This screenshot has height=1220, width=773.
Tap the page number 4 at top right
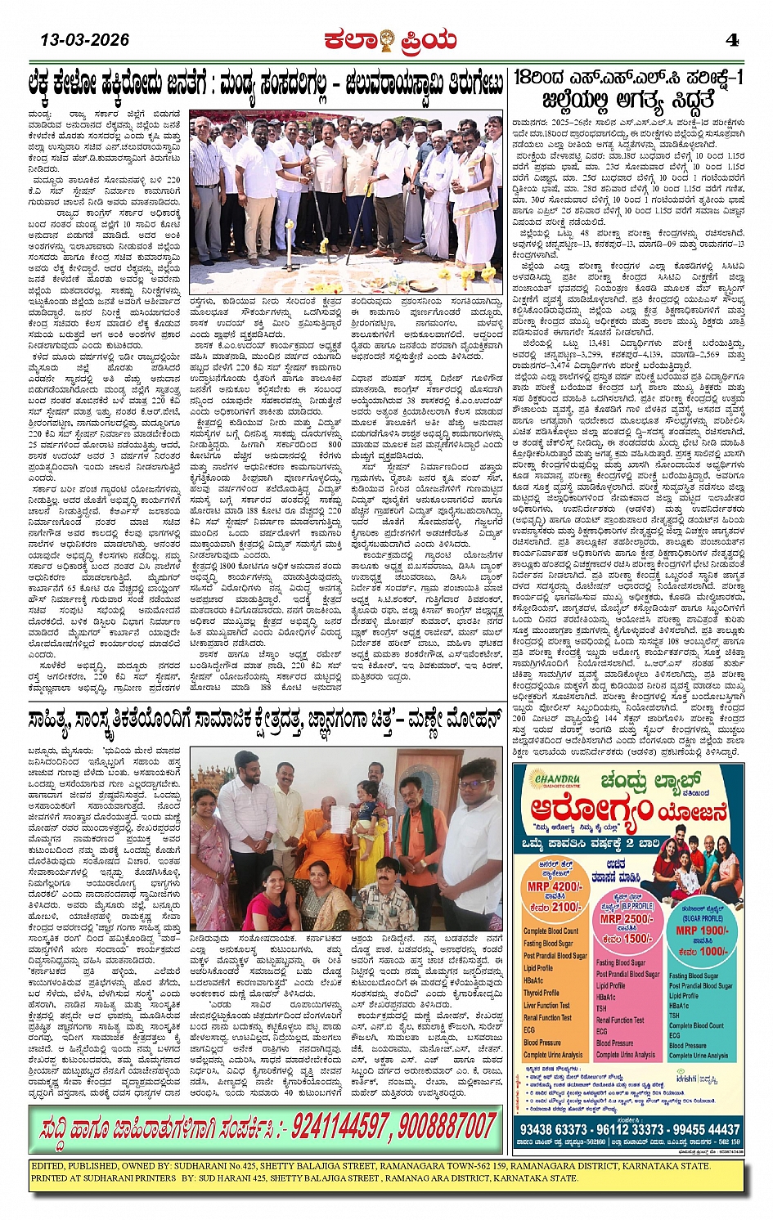(x=733, y=39)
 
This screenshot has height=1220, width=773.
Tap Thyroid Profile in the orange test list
(x=542, y=993)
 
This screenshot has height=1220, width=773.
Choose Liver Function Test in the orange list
(x=546, y=1005)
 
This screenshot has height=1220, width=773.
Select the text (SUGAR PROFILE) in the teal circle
(x=701, y=918)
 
